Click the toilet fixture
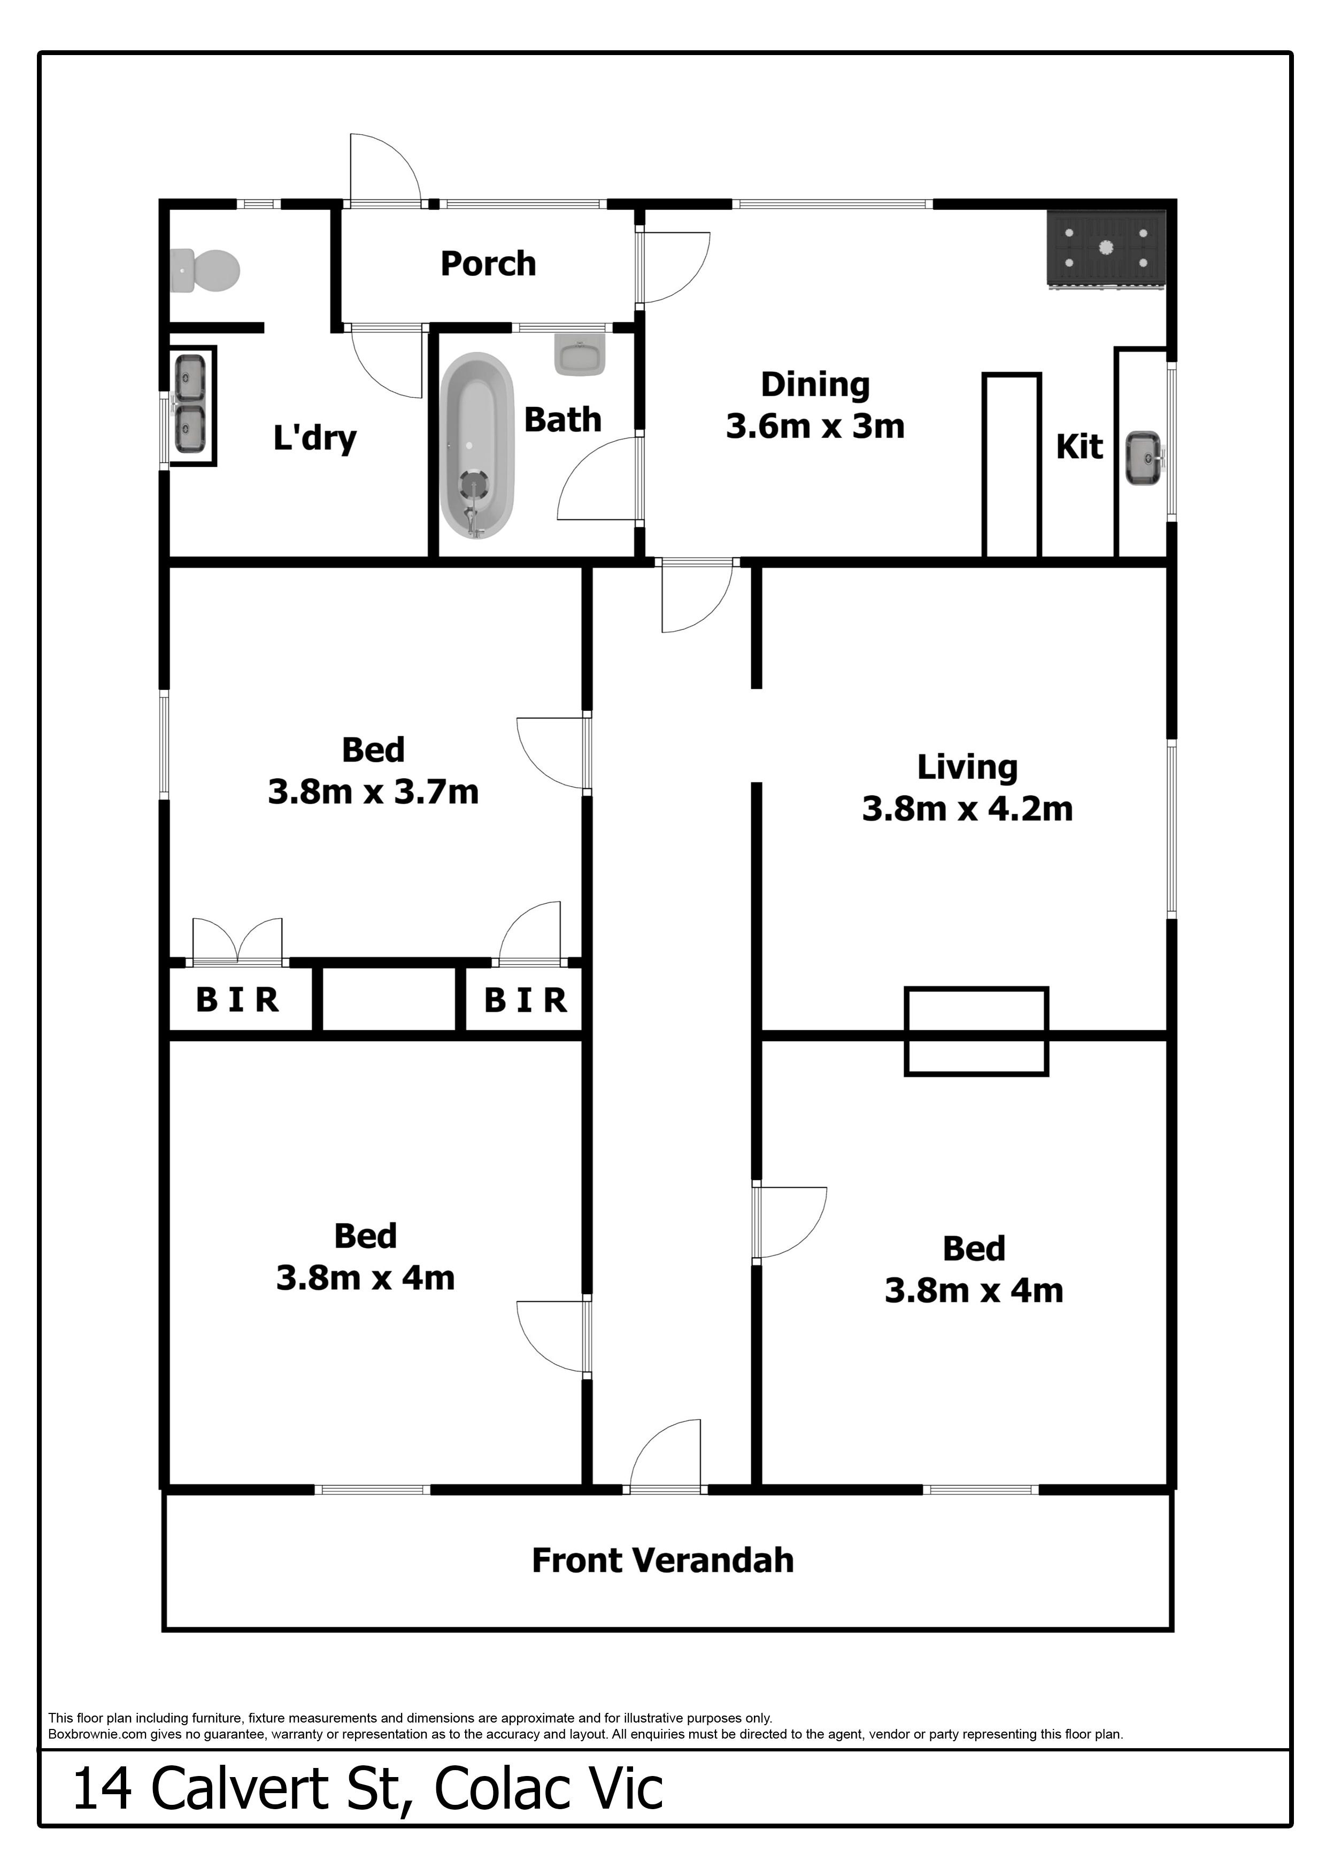204,271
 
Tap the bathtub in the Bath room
477,445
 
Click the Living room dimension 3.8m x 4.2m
967,809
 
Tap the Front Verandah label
662,1560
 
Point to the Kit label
1080,447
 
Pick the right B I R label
526,1000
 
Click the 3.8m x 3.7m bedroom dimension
373,792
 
